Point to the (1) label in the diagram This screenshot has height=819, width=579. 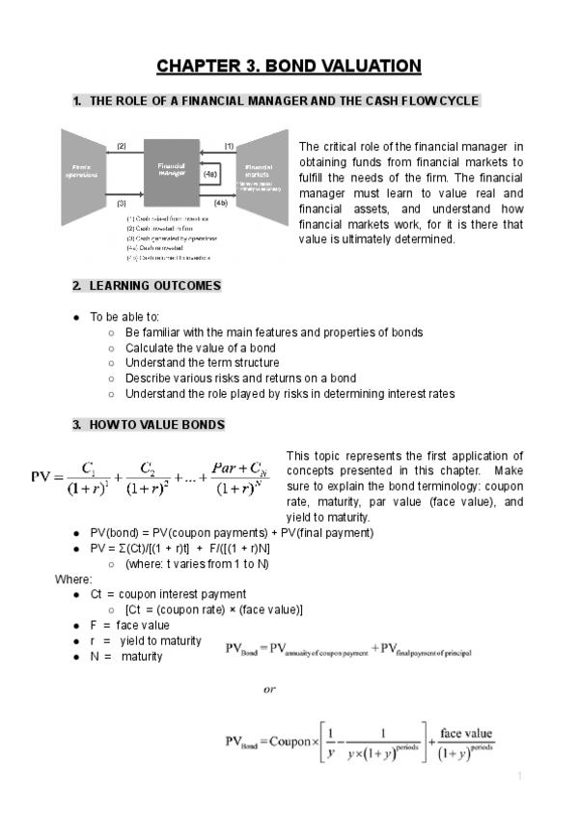(x=229, y=145)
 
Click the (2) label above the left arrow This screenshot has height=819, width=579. (x=122, y=145)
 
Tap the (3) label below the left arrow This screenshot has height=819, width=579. (x=122, y=204)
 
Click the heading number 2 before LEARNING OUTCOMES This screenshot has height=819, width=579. (x=76, y=286)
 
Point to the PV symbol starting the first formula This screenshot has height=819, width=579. (x=40, y=477)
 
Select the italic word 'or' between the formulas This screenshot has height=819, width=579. (x=269, y=690)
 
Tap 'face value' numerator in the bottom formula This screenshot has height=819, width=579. (x=467, y=733)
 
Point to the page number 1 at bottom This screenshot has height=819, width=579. (x=519, y=776)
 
